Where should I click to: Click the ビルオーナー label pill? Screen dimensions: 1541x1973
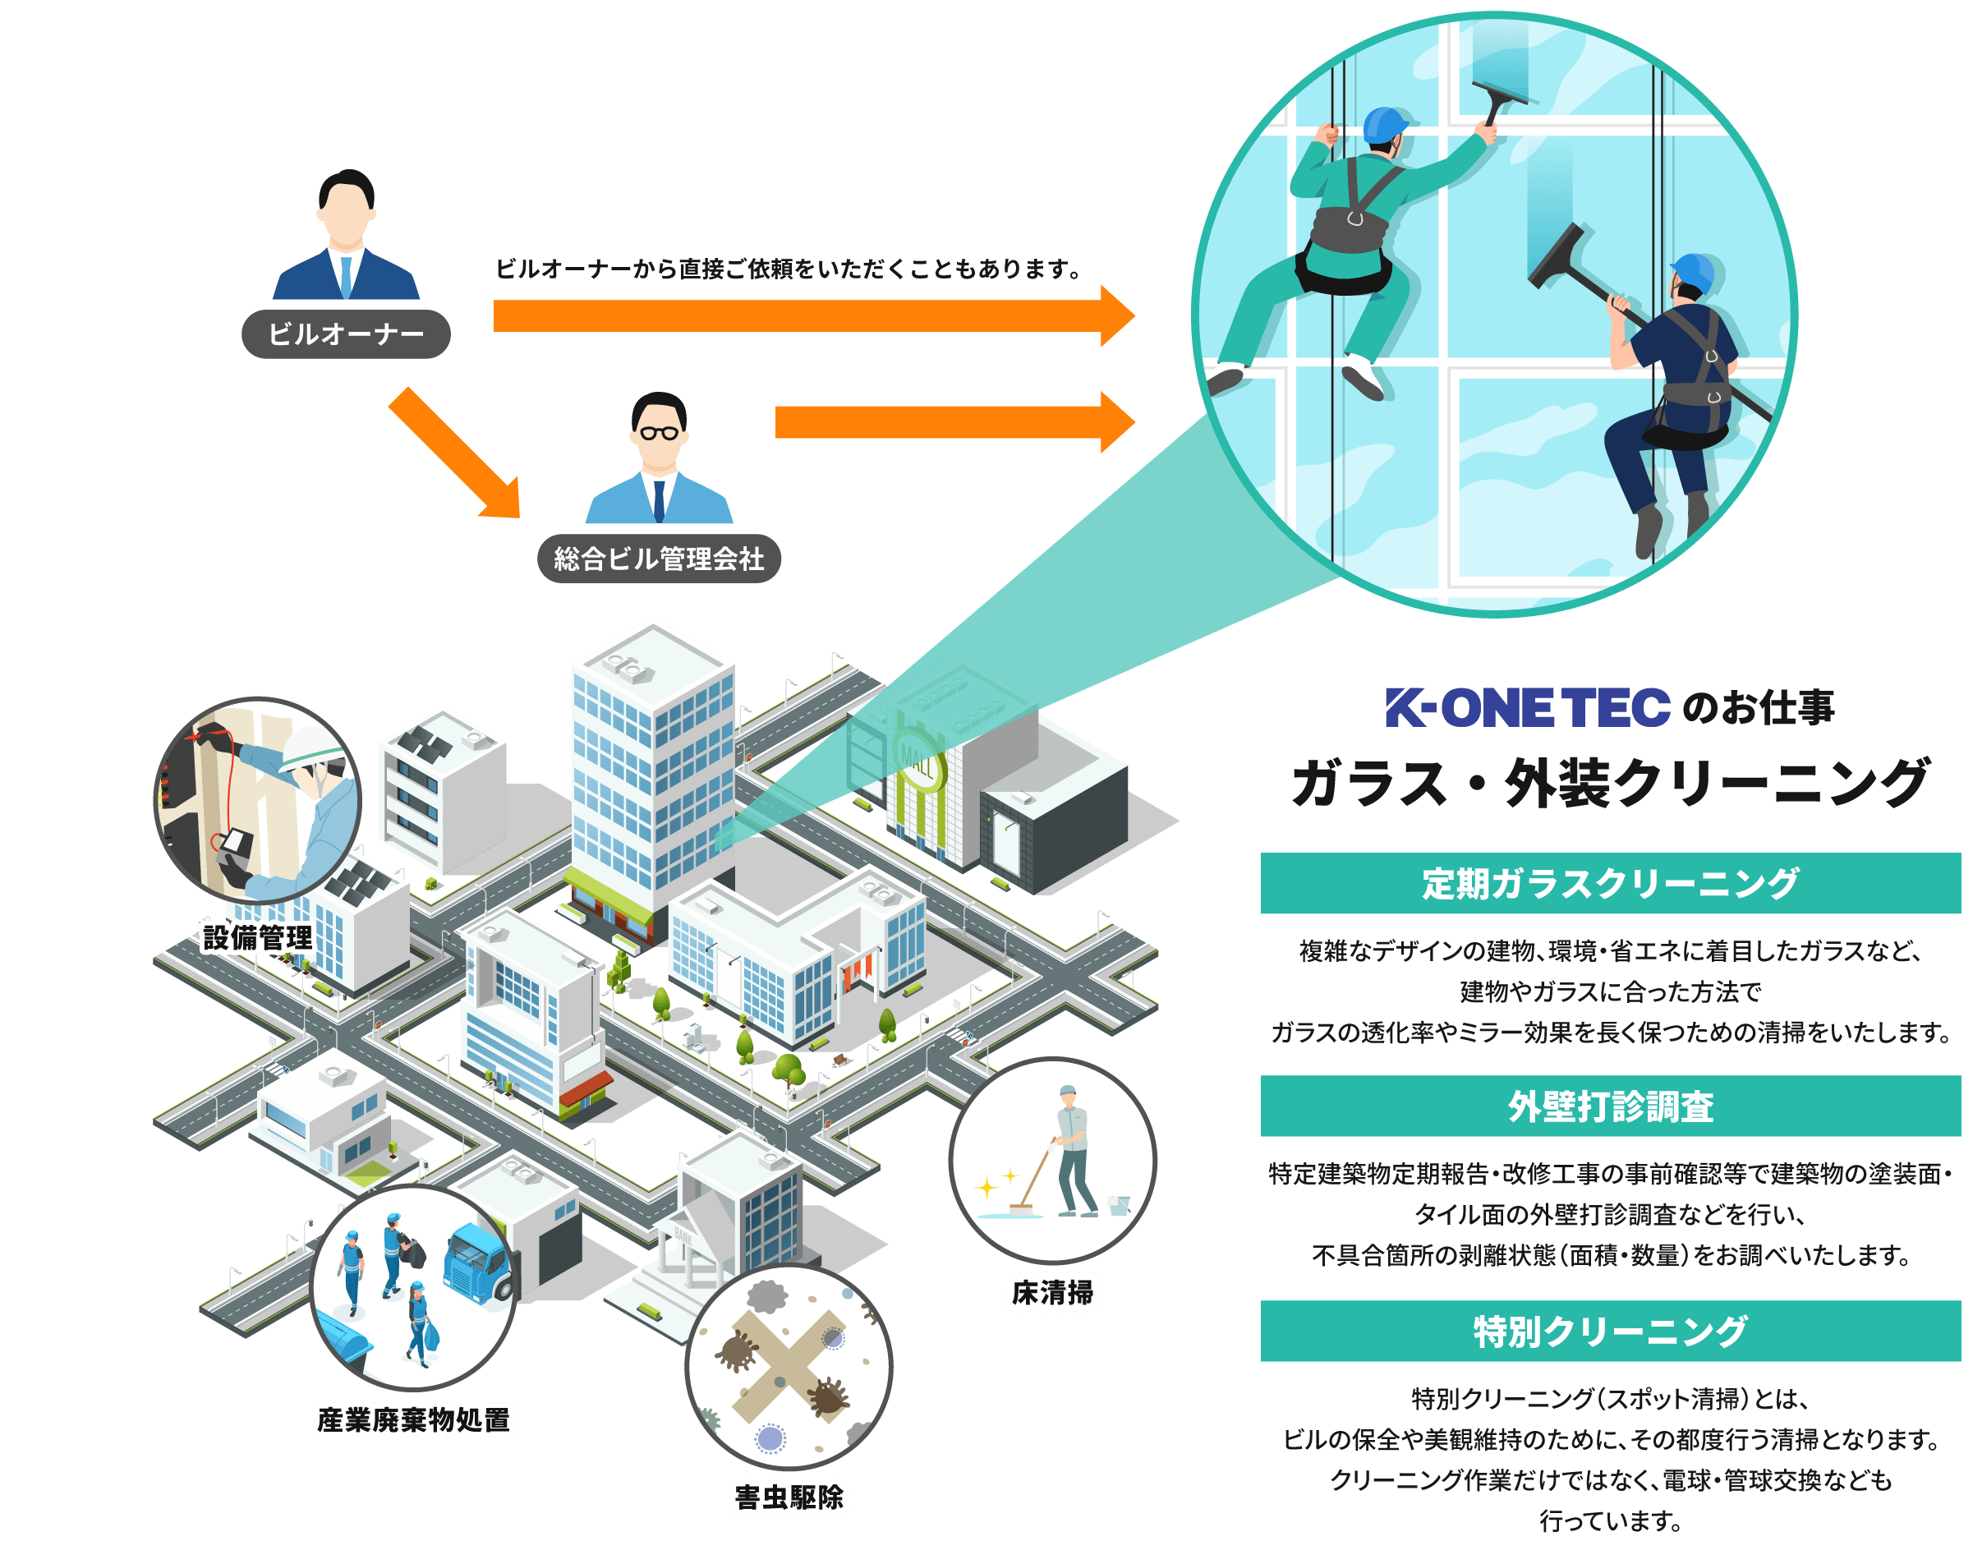tap(346, 334)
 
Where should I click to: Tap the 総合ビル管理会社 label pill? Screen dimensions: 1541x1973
tap(659, 559)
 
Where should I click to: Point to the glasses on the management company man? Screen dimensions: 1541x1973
tap(659, 433)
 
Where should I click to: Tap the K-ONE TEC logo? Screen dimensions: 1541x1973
tap(1528, 707)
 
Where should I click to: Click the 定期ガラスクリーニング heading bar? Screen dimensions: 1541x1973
tap(1610, 883)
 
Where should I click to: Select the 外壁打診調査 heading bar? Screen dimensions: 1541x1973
tap(1610, 1106)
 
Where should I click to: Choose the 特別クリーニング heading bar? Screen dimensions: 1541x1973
tap(1610, 1332)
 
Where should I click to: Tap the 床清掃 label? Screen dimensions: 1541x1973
tap(1052, 1294)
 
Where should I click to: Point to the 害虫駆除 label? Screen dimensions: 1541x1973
tap(789, 1497)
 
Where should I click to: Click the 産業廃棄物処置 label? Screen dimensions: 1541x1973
tap(414, 1420)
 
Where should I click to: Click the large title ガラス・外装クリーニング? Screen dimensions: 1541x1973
tap(1610, 783)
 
